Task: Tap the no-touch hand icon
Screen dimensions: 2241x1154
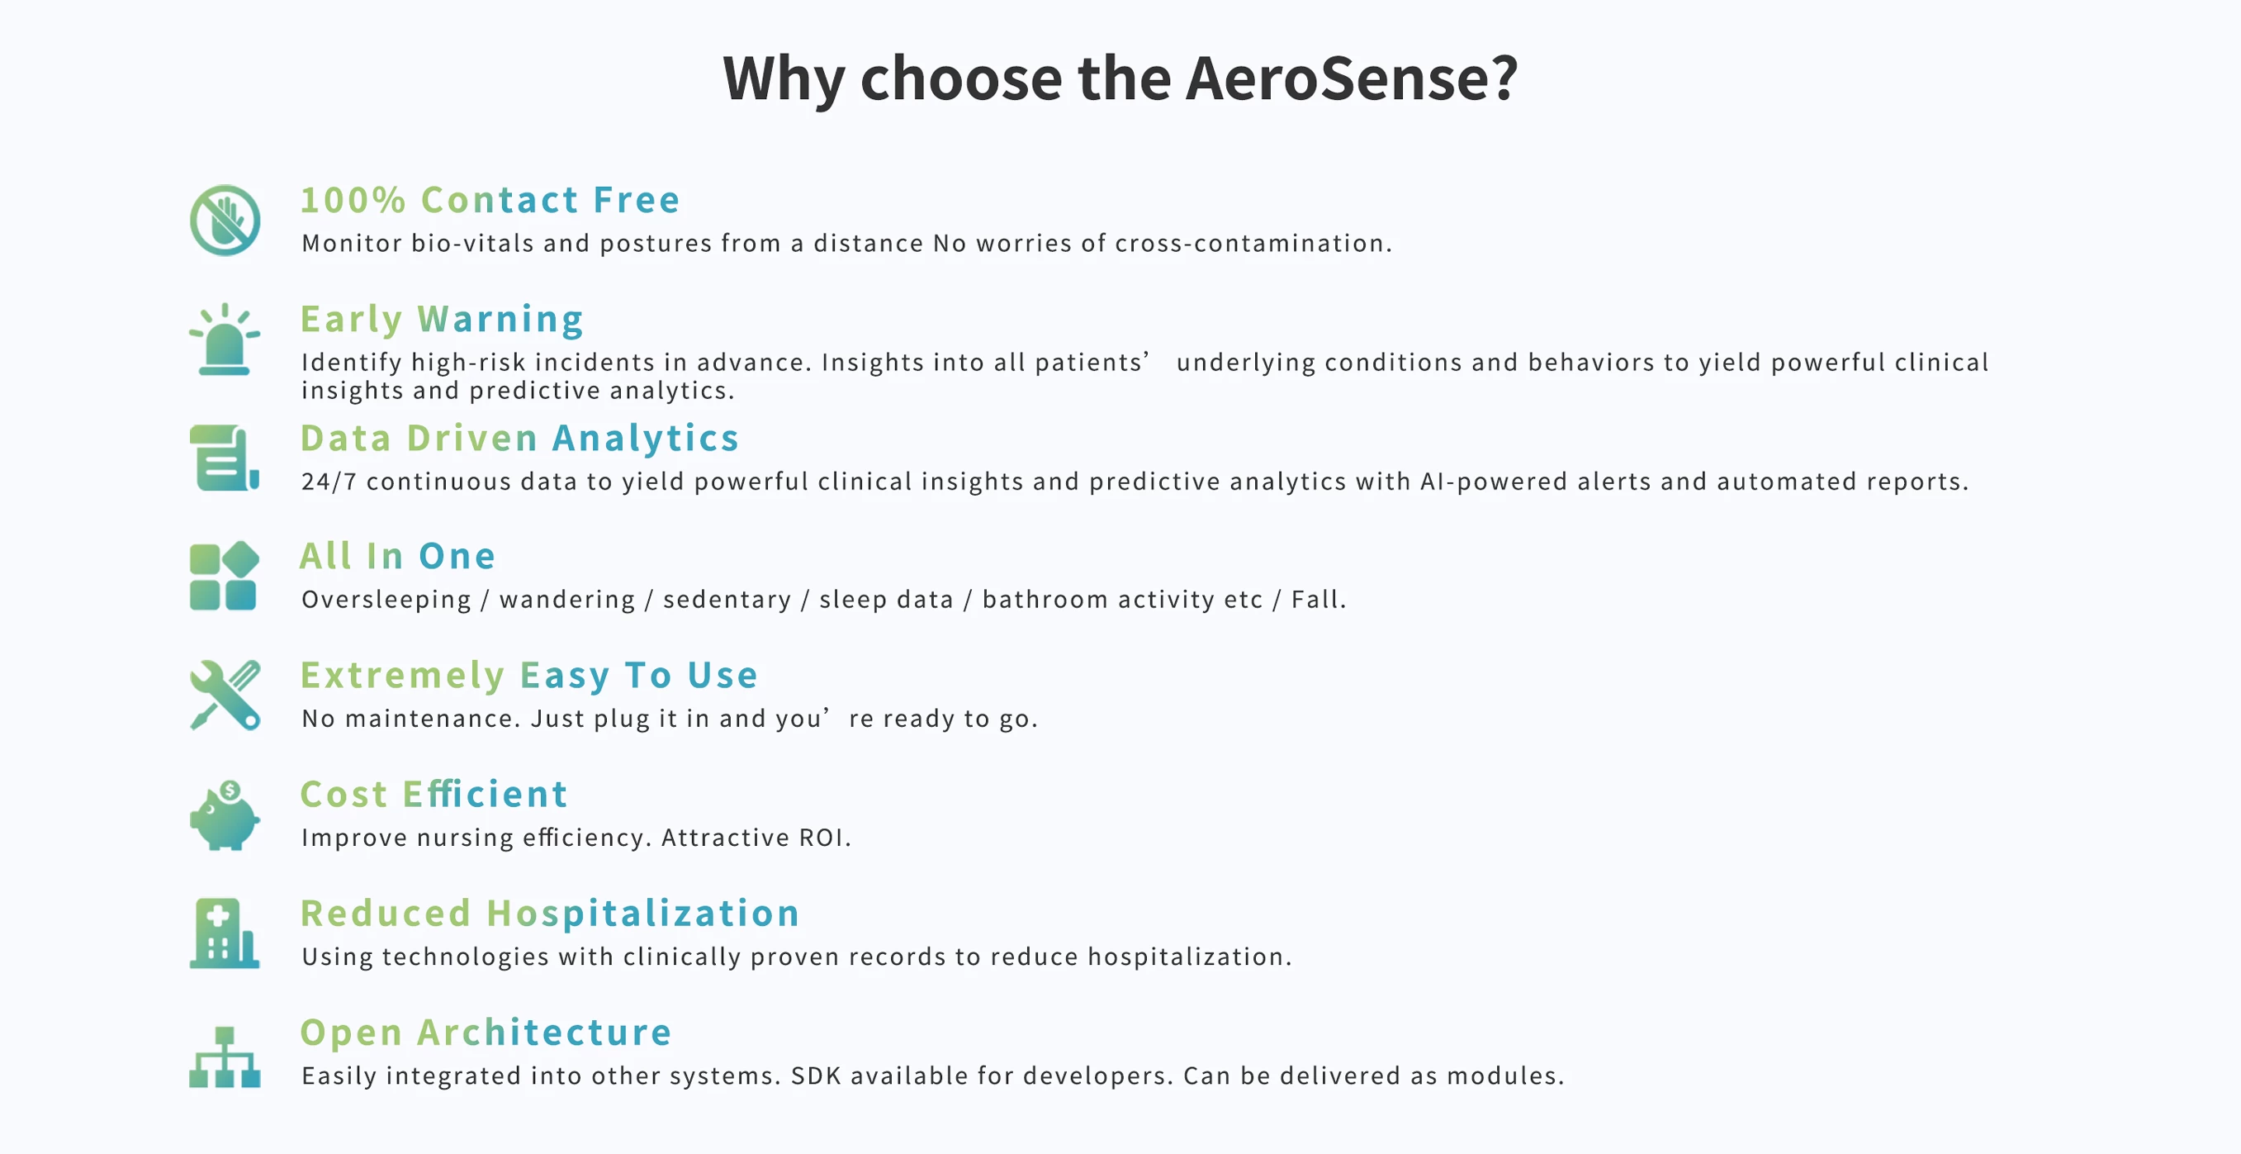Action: pyautogui.click(x=225, y=221)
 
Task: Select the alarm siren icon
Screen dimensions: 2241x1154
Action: pyautogui.click(x=225, y=340)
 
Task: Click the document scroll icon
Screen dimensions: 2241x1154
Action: pyautogui.click(x=225, y=458)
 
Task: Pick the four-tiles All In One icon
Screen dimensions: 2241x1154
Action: pyautogui.click(x=225, y=576)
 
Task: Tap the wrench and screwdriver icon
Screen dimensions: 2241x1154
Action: pyautogui.click(x=225, y=695)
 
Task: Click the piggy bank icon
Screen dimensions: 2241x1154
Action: pyautogui.click(x=225, y=814)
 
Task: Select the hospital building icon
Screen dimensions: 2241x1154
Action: pyautogui.click(x=225, y=933)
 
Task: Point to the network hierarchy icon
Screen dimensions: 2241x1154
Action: pyautogui.click(x=225, y=1057)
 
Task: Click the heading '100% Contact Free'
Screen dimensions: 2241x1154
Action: pyautogui.click(x=490, y=200)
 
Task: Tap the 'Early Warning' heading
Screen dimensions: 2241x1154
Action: pyautogui.click(x=442, y=320)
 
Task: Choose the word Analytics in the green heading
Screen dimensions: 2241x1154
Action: pyautogui.click(x=646, y=438)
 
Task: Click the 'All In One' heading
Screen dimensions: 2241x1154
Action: pyautogui.click(x=397, y=556)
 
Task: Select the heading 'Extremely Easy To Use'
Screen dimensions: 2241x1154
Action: pyautogui.click(x=529, y=677)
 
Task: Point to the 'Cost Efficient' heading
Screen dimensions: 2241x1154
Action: pyautogui.click(x=434, y=794)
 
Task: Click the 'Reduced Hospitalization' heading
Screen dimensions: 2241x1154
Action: pyautogui.click(x=550, y=914)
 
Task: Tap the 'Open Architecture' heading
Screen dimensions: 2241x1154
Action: pyautogui.click(x=486, y=1033)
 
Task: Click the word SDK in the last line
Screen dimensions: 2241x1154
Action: pyautogui.click(x=816, y=1076)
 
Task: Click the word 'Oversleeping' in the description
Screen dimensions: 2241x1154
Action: pyautogui.click(x=386, y=600)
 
